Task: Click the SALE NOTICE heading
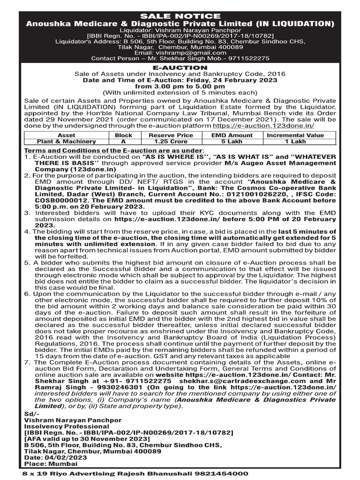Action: click(x=180, y=16)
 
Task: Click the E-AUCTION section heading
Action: click(x=180, y=67)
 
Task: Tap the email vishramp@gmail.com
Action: click(x=180, y=53)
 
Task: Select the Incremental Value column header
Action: click(x=295, y=135)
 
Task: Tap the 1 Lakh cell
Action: click(x=295, y=141)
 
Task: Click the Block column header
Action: click(x=124, y=135)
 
